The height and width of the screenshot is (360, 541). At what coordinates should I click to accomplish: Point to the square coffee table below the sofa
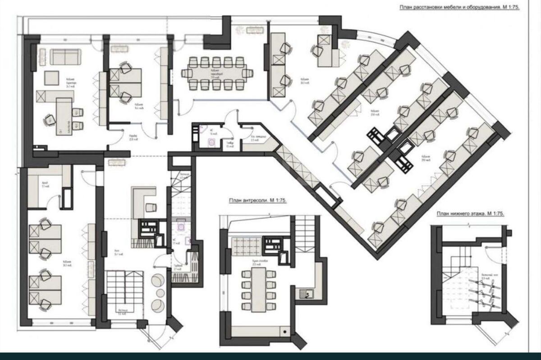51,78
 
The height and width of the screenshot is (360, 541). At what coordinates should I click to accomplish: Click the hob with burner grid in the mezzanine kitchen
274,244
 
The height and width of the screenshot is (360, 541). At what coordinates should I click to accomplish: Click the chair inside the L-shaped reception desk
151,207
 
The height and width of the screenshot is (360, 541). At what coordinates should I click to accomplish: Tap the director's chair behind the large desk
49,119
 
